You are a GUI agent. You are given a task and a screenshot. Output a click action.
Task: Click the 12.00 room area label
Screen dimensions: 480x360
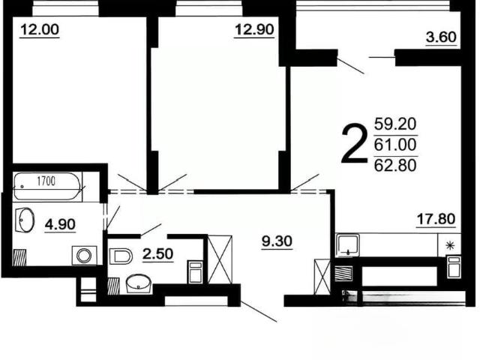click(x=40, y=30)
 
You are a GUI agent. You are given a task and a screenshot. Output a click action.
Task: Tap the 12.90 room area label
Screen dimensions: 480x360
click(x=254, y=30)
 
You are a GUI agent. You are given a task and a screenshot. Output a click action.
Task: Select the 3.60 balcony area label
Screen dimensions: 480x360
click(x=441, y=37)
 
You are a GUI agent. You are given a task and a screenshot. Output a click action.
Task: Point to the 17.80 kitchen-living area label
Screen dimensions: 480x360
click(x=436, y=219)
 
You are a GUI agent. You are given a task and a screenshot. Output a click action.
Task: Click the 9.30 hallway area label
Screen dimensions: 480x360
click(x=277, y=241)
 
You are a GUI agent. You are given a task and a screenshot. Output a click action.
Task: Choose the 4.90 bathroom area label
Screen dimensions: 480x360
click(x=60, y=224)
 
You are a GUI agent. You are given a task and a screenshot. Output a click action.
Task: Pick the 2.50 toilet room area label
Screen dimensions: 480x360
click(x=158, y=253)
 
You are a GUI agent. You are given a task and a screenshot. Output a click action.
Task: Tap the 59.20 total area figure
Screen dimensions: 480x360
click(x=395, y=124)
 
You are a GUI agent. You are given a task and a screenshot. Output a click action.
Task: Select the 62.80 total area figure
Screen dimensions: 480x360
click(x=395, y=165)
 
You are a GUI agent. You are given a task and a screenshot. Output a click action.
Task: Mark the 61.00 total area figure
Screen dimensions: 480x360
click(x=395, y=145)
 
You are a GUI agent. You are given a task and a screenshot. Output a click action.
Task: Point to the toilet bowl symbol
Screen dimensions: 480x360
click(x=121, y=256)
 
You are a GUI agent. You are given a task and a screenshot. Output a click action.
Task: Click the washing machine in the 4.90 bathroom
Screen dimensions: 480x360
click(x=85, y=256)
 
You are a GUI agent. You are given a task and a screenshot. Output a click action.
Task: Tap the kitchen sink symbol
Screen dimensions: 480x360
click(x=348, y=245)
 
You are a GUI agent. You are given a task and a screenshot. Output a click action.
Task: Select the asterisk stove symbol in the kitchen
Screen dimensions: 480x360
click(x=450, y=245)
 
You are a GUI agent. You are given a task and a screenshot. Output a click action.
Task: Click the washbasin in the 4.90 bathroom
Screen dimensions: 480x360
click(x=25, y=220)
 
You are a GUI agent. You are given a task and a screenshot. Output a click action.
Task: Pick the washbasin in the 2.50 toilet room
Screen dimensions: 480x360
click(x=139, y=284)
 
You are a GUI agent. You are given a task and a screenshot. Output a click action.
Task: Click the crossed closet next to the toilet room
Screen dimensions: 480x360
click(x=220, y=259)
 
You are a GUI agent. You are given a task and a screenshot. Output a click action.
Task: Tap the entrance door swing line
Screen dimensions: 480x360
click(x=259, y=311)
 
